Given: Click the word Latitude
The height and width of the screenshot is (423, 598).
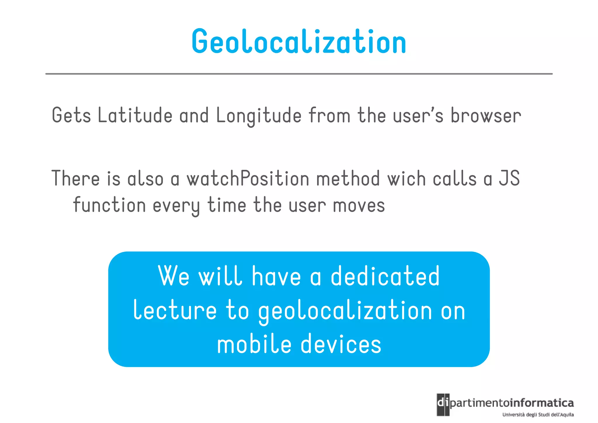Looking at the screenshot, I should (x=135, y=115).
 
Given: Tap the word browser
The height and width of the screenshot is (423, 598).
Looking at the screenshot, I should (x=486, y=115).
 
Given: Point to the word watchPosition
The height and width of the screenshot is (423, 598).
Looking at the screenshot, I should (x=248, y=179).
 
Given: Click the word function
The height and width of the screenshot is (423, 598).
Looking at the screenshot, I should (x=109, y=205).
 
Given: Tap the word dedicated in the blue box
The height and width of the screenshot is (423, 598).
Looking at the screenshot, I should (x=385, y=276).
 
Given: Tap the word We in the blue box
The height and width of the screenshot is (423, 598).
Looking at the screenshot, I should (x=174, y=276).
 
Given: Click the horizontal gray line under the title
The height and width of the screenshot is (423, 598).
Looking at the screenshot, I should (x=299, y=74).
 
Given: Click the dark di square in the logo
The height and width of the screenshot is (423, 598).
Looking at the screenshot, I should (x=443, y=405).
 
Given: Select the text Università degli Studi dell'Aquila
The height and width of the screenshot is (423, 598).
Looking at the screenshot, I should (x=538, y=415).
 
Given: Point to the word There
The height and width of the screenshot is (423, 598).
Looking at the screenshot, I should (x=76, y=179).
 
